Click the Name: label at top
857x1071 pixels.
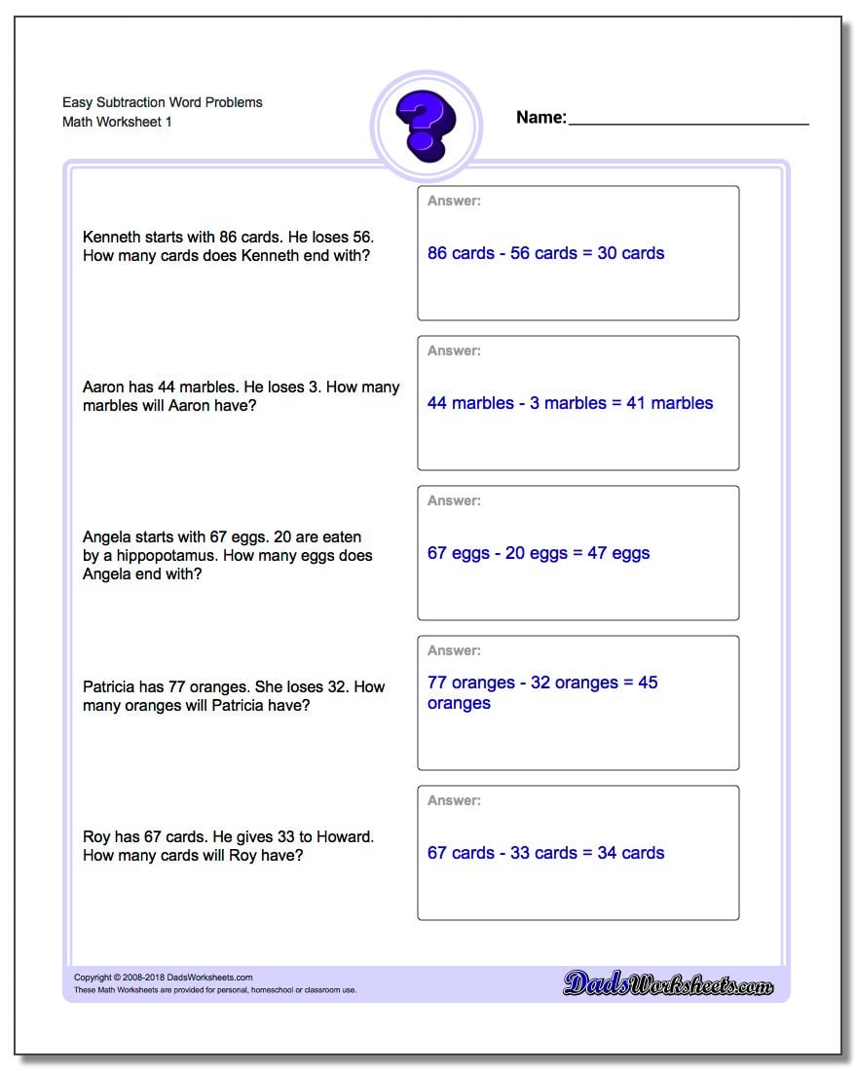pyautogui.click(x=540, y=118)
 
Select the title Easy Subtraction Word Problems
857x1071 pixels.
pyautogui.click(x=163, y=102)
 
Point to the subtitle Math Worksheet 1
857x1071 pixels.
pyautogui.click(x=117, y=122)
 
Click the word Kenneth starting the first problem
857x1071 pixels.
pyautogui.click(x=111, y=237)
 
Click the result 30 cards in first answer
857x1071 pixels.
pyautogui.click(x=631, y=253)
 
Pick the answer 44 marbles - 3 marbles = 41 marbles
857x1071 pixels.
pyautogui.click(x=570, y=403)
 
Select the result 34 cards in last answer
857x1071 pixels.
pyautogui.click(x=631, y=853)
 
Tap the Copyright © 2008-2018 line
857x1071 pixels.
pyautogui.click(x=164, y=978)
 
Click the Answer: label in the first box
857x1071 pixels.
pyautogui.click(x=454, y=201)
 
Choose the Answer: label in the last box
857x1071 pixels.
pyautogui.click(x=454, y=800)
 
